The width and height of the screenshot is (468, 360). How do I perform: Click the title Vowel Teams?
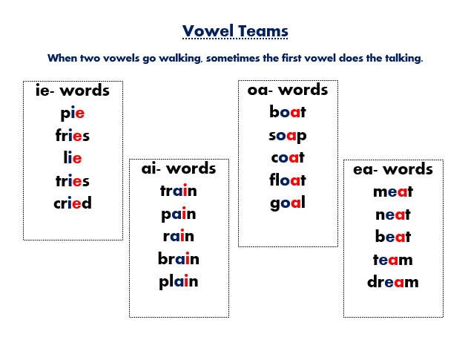235,31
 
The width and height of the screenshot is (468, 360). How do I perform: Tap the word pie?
73,114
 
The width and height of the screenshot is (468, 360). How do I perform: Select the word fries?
73,136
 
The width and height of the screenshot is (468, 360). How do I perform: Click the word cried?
73,203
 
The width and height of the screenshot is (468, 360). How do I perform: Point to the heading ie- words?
73,91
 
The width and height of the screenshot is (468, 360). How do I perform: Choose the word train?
179,191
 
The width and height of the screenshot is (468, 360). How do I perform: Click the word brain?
179,259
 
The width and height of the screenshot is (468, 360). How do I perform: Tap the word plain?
179,281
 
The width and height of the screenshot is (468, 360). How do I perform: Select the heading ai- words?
179,168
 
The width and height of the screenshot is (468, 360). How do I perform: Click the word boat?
288,113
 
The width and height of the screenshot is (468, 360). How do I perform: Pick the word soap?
288,135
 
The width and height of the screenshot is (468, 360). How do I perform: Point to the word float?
288,180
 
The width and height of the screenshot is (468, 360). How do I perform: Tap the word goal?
288,203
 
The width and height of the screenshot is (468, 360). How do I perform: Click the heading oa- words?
288,90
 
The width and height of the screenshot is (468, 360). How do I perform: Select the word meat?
393,192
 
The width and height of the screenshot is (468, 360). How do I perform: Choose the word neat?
393,215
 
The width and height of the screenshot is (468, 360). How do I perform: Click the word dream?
393,282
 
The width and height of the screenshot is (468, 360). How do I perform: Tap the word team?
393,260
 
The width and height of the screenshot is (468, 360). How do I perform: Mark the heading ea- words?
393,169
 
